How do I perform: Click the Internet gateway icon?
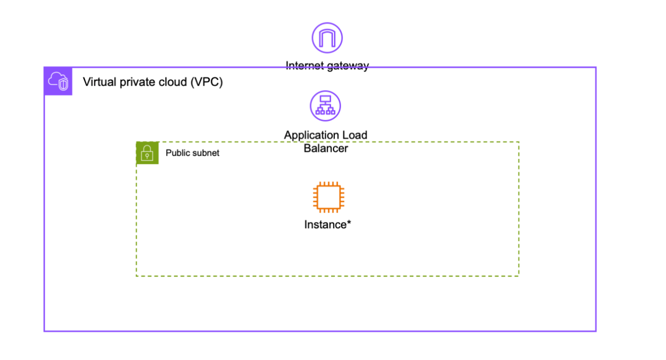(x=327, y=38)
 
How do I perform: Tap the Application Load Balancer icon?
(x=325, y=106)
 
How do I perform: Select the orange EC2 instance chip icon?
(x=329, y=197)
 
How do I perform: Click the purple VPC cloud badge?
(x=58, y=81)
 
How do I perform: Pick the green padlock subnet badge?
(x=147, y=153)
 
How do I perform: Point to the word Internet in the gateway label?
(x=305, y=66)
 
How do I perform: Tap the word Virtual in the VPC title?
(x=98, y=82)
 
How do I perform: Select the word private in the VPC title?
(x=132, y=82)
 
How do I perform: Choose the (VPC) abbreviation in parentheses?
(x=206, y=82)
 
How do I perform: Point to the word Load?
(x=355, y=135)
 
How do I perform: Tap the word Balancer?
(x=326, y=148)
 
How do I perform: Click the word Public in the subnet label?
(x=177, y=153)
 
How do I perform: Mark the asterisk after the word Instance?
(x=349, y=223)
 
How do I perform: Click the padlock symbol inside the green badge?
(x=147, y=154)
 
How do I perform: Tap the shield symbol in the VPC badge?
(x=63, y=85)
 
